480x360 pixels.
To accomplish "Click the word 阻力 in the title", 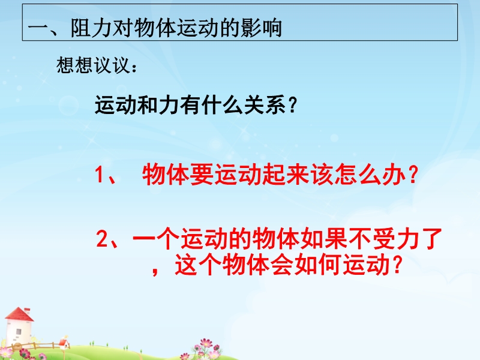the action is [92, 28].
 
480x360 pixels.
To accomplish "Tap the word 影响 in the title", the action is [261, 28].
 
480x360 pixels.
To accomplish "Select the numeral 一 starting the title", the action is [38, 29].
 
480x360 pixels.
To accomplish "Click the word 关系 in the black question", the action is [265, 104].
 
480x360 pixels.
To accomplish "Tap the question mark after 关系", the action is [293, 105].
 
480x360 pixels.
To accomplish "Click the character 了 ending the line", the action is [431, 238].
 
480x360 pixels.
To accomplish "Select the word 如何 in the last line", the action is [318, 264].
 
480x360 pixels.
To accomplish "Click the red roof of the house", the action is [19, 314].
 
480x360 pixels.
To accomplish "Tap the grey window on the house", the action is [19, 331].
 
